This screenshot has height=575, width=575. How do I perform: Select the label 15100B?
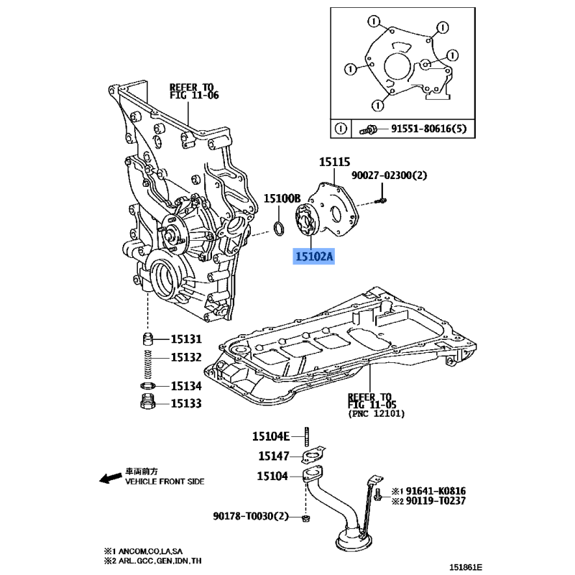point(281,198)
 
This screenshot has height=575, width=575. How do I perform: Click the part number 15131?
point(186,339)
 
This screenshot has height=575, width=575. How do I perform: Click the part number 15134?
point(186,387)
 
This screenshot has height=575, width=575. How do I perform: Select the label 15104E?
point(270,436)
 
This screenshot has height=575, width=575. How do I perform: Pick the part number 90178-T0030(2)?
point(250,516)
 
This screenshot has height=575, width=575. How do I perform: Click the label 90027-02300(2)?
point(389,175)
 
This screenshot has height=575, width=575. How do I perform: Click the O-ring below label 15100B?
point(280,229)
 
